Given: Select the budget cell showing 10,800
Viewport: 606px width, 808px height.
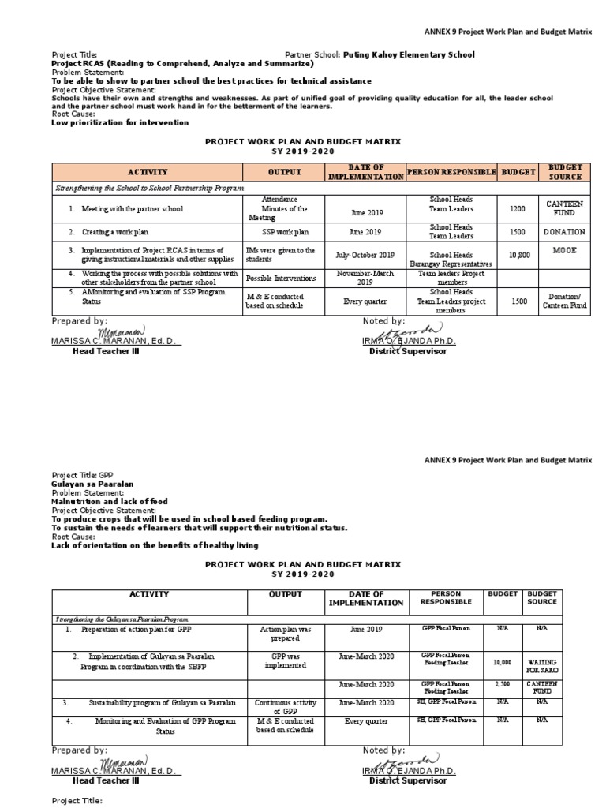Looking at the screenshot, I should pyautogui.click(x=517, y=256).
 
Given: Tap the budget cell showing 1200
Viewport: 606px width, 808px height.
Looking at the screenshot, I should pyautogui.click(x=517, y=209).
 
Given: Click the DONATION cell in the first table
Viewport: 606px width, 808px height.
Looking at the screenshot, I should pyautogui.click(x=563, y=232).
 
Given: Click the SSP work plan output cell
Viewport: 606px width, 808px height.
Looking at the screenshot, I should pyautogui.click(x=282, y=232).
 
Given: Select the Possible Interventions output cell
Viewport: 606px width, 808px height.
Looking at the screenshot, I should pyautogui.click(x=281, y=278).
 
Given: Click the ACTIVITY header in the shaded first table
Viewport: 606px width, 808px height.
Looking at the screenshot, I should pyautogui.click(x=148, y=171).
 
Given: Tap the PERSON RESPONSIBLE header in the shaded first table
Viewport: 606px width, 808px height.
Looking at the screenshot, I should pyautogui.click(x=451, y=171).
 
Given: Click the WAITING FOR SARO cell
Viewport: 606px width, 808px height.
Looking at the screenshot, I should pyautogui.click(x=563, y=665).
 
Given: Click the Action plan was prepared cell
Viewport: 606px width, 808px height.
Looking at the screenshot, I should pyautogui.click(x=282, y=634).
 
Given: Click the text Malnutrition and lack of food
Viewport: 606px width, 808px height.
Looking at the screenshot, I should pyautogui.click(x=109, y=501).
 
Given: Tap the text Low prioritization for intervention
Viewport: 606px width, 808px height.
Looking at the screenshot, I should pyautogui.click(x=120, y=122).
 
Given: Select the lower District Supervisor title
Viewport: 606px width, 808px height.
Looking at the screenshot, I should pyautogui.click(x=407, y=780).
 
